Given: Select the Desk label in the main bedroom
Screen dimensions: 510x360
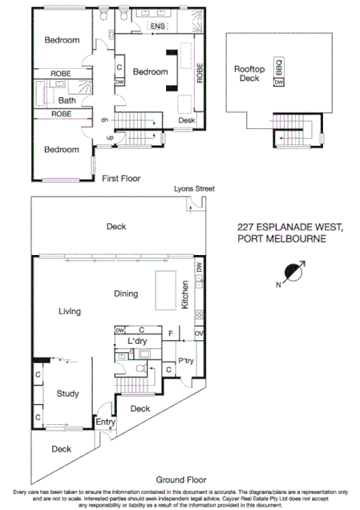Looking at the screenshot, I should coord(186,120).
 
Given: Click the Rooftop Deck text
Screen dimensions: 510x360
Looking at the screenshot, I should coord(249,75).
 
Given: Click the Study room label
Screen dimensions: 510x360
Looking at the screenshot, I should coord(67,394).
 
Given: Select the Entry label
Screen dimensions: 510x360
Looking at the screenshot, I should coord(105,422).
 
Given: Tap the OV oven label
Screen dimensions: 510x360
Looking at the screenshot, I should coord(198,332).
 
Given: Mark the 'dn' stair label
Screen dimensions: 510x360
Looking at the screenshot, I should coord(104,120).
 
